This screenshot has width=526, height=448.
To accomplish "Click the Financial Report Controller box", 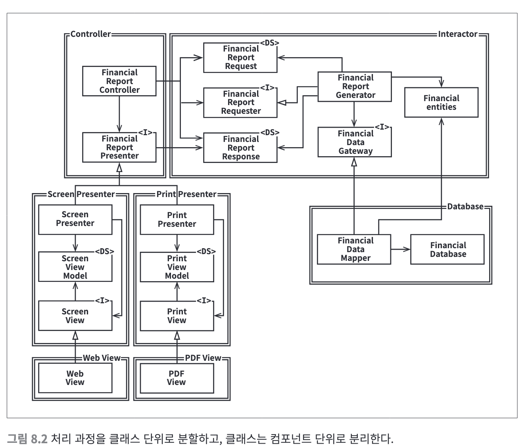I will point(119,81).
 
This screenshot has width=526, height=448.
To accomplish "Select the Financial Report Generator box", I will point(355,86).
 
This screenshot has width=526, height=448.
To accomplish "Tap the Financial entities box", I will point(441,102).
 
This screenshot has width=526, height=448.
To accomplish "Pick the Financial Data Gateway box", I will point(355,142).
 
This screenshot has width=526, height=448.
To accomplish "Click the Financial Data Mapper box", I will point(354,249).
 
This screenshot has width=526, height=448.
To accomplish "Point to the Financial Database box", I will point(447,249).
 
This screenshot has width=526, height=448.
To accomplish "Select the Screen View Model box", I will point(75,267).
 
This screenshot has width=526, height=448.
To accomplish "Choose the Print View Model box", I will point(177,267).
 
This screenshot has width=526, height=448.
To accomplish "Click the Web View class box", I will point(75,378).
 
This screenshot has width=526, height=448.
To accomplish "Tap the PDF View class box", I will point(177,378).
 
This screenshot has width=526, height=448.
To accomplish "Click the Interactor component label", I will point(458,34).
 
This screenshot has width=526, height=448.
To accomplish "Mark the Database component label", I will point(465,206).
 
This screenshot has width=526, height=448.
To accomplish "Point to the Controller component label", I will point(91,34).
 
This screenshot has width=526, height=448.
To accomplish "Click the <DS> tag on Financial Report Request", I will point(269,43).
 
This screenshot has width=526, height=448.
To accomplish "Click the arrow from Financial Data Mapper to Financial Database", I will point(401,249).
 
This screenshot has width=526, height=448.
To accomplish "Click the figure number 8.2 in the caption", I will point(39,439).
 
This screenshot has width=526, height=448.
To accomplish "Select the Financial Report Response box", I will point(240,148).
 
